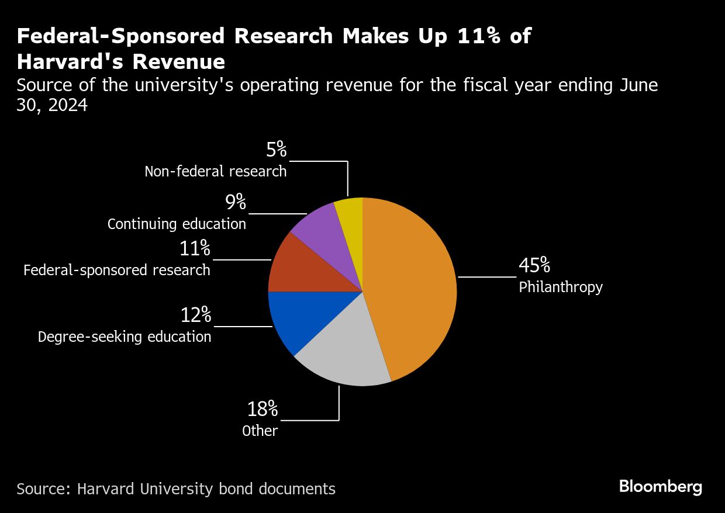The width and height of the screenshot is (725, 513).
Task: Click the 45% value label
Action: [534, 265]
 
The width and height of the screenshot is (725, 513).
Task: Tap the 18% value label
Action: [263, 409]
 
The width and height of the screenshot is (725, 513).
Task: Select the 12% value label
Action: [196, 315]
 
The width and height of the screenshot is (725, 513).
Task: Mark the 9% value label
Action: [236, 202]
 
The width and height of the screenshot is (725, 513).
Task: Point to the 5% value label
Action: [277, 149]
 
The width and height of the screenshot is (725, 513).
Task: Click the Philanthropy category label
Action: [561, 287]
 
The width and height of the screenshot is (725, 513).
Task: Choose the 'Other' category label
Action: [260, 431]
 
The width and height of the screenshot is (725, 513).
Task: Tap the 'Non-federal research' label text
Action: [216, 171]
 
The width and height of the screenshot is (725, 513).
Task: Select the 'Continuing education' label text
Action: [177, 224]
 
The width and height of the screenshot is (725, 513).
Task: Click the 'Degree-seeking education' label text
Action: [125, 337]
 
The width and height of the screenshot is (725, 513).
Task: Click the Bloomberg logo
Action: [661, 487]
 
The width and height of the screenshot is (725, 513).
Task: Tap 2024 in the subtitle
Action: [68, 105]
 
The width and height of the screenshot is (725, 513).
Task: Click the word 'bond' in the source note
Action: [236, 488]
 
